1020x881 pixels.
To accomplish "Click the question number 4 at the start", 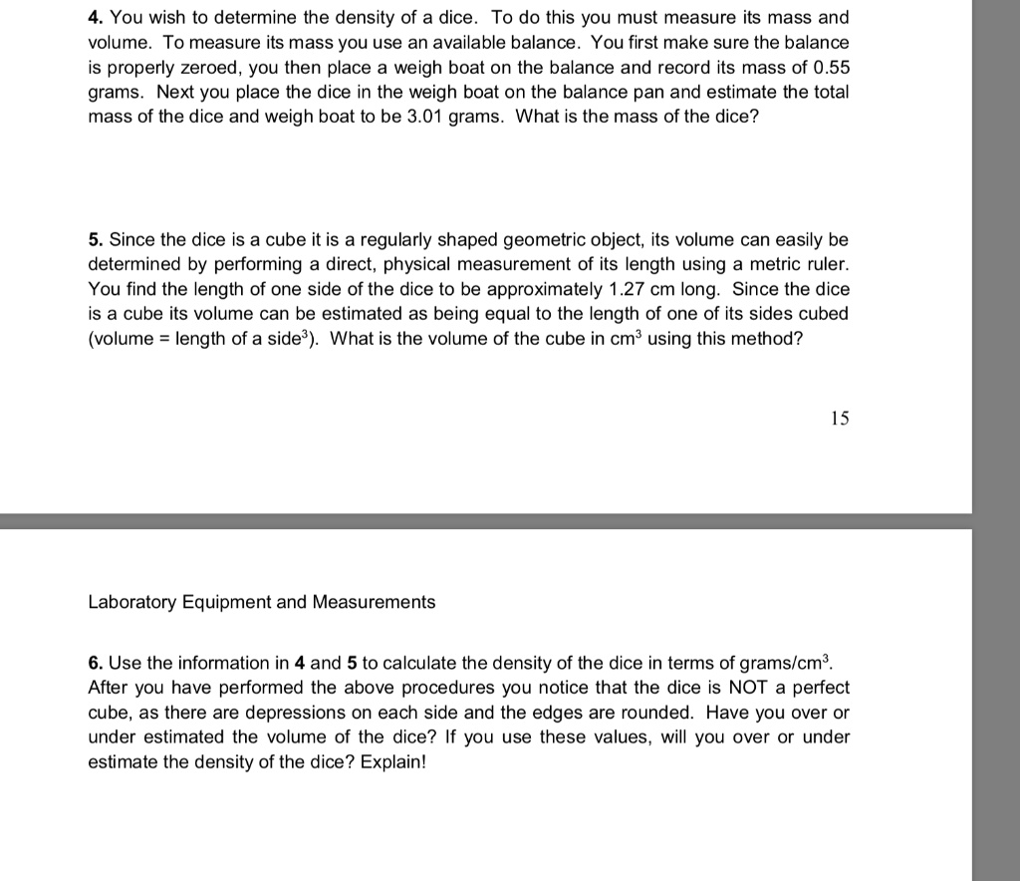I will coord(95,19).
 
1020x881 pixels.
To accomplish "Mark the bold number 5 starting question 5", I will coord(95,240).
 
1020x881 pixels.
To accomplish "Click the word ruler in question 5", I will coord(827,264).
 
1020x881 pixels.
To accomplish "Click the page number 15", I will coord(840,419).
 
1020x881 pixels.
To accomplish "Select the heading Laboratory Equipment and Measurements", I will coord(262,602).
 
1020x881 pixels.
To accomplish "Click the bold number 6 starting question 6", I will coord(95,664).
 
